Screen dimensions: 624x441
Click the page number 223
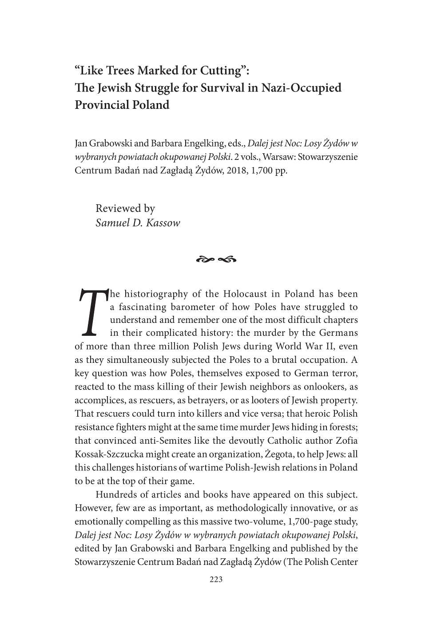tap(216, 579)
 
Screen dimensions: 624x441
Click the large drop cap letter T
tap(92, 312)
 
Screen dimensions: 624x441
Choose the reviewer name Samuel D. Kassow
tap(138, 223)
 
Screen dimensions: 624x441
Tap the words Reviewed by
tap(125, 208)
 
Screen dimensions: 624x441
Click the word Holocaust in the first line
tap(246, 294)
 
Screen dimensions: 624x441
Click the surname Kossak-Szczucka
tap(112, 454)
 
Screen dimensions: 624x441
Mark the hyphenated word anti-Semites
tap(172, 441)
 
